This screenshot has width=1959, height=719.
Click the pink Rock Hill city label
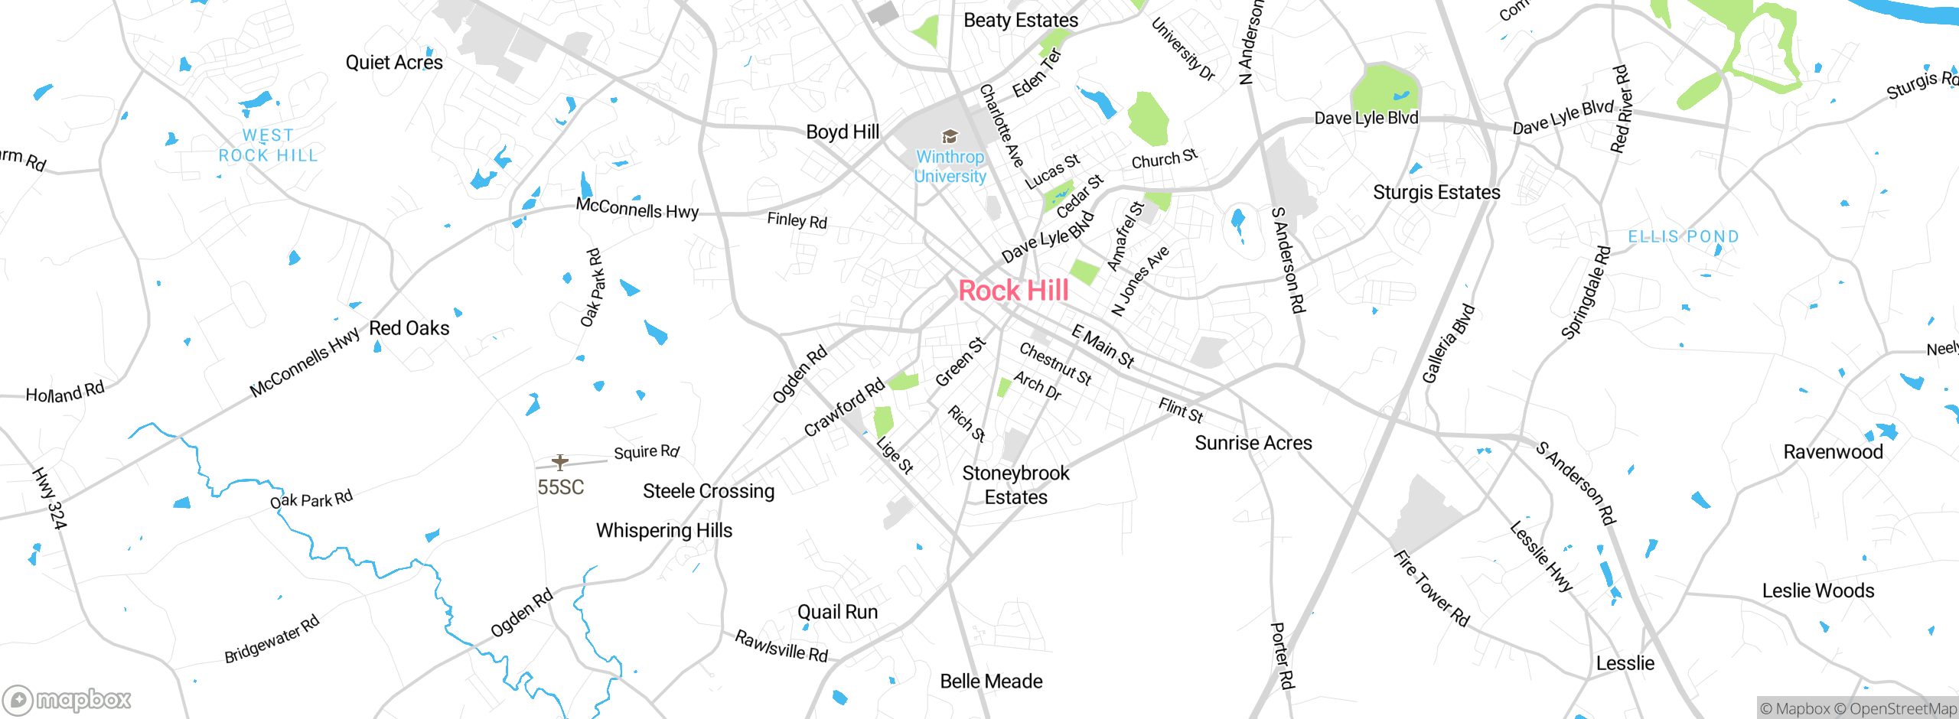coord(1013,291)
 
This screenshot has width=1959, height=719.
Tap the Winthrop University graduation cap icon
coord(950,137)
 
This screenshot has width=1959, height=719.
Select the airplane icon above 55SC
coord(560,462)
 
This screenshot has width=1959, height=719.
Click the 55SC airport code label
coord(560,487)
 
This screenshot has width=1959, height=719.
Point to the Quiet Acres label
coord(394,63)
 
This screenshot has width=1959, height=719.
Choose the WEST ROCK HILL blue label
coord(268,145)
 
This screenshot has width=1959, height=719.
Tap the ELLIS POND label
coord(1683,237)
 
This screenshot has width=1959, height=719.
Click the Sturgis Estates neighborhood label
coord(1436,192)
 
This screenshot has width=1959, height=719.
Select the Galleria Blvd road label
coord(1448,343)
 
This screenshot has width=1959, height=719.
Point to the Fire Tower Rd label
coord(1431,588)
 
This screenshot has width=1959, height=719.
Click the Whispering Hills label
coord(664,530)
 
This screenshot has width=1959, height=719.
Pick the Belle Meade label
coord(991,681)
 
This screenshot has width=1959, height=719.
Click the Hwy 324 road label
coord(50,499)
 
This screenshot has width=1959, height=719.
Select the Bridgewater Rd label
coord(272,639)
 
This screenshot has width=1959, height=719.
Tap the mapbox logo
coord(67,699)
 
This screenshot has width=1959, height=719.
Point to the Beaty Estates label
coord(1021,21)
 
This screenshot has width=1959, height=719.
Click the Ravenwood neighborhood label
coord(1833,452)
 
